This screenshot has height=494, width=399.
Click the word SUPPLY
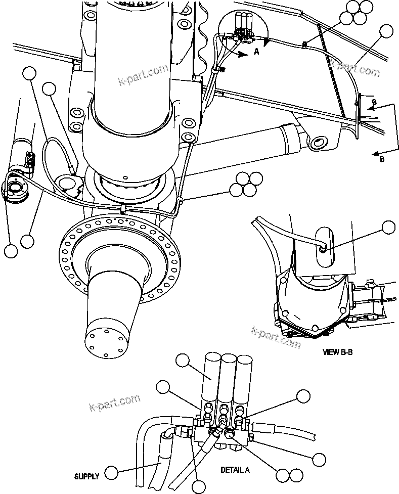click(86, 476)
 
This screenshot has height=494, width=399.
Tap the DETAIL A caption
click(235, 470)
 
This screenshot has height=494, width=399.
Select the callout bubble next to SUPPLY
click(111, 473)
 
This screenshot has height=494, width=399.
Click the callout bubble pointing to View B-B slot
click(388, 228)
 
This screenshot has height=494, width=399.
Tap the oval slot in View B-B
click(324, 243)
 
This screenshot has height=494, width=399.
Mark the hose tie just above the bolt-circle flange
click(123, 208)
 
